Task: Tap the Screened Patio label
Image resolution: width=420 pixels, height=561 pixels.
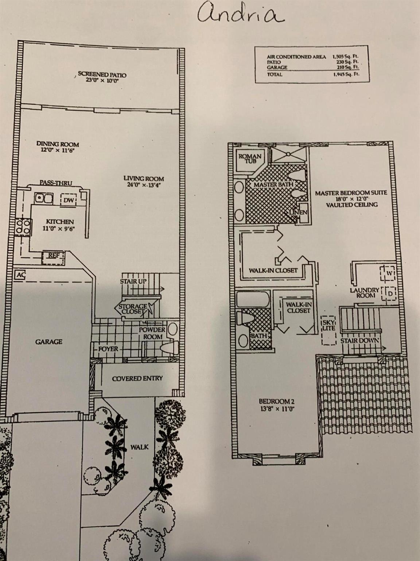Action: coord(102,75)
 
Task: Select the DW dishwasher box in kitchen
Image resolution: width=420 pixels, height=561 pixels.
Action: coord(69,200)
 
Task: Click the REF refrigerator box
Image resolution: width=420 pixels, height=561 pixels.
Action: coord(53,258)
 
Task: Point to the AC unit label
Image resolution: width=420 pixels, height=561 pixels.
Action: coord(20,275)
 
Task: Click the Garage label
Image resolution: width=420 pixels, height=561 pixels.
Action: coord(49,341)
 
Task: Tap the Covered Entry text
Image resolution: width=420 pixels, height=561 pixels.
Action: coord(137,378)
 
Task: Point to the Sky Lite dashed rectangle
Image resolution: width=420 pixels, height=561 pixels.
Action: coord(329,330)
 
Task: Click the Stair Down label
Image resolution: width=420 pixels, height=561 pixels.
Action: coord(359,341)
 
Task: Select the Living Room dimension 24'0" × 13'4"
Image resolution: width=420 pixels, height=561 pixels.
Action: coord(144,185)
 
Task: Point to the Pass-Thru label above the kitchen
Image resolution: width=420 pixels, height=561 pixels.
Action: coord(56,183)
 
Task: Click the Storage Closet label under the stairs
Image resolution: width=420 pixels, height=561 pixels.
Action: coord(132,309)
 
